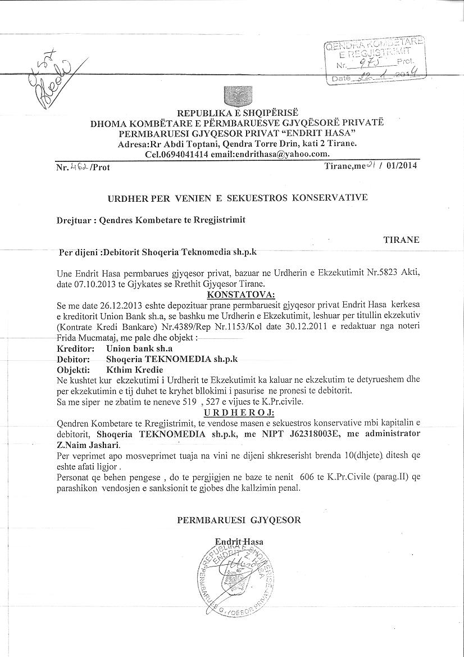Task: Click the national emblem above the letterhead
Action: click(x=232, y=96)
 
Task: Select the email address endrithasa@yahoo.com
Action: click(x=281, y=154)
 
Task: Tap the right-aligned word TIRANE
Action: click(x=401, y=239)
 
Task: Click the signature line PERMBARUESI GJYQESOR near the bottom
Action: click(x=239, y=520)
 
